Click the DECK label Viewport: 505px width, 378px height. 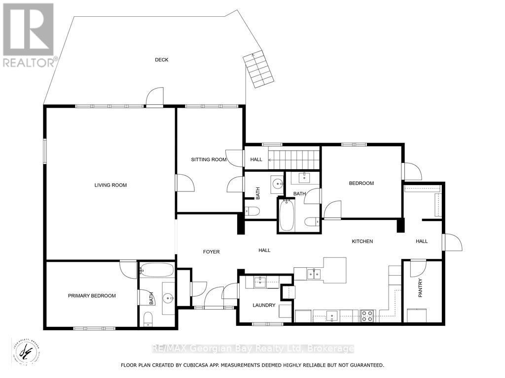click(x=161, y=60)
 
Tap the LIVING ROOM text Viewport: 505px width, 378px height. click(x=110, y=185)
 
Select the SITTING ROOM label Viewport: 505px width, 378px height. click(x=209, y=159)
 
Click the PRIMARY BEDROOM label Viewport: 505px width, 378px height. click(x=92, y=296)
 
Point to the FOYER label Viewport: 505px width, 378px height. click(x=211, y=252)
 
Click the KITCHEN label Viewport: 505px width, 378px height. click(x=362, y=241)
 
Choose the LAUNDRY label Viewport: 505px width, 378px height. click(x=264, y=305)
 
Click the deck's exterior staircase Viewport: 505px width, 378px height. click(x=258, y=69)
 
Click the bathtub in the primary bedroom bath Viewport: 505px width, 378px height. click(x=157, y=270)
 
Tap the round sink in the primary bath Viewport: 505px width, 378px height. click(x=169, y=297)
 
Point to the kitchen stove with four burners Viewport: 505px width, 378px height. click(x=367, y=315)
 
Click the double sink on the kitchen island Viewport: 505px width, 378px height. click(x=314, y=274)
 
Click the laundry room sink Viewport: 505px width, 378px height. click(x=260, y=282)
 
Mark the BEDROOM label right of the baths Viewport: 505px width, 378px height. click(x=361, y=183)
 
